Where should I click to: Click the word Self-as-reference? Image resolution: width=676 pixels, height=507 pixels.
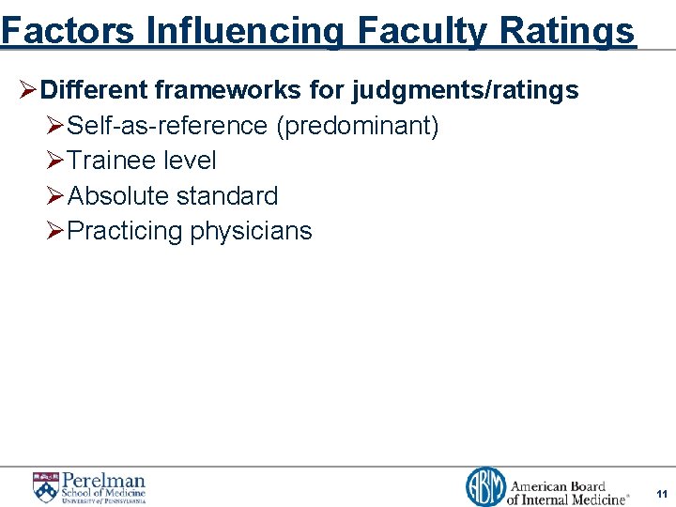click(x=167, y=126)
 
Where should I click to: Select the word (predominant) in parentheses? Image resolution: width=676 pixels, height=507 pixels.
click(x=357, y=126)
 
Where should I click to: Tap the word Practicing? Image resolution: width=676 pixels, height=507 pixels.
click(x=125, y=231)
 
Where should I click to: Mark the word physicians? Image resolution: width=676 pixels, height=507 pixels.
click(x=251, y=231)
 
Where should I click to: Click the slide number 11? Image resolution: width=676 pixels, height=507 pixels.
click(x=662, y=493)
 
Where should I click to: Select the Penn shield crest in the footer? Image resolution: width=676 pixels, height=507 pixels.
click(x=45, y=486)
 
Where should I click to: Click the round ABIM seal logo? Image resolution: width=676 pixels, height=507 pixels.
click(x=485, y=487)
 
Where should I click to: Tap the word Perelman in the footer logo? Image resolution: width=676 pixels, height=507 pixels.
click(x=104, y=480)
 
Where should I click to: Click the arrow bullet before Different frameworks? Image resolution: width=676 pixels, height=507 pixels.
click(x=28, y=91)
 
